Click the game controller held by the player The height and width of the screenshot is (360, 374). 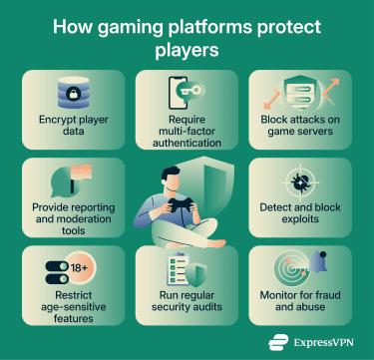[182, 204]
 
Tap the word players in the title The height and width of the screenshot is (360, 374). [187, 47]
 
